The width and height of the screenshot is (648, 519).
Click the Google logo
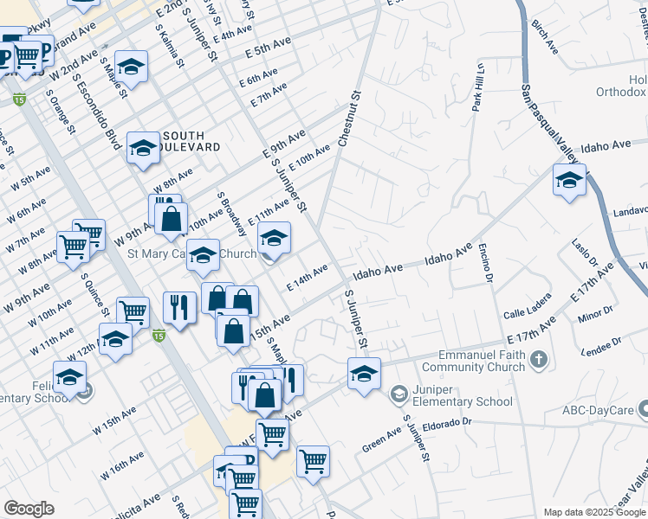[x=29, y=509]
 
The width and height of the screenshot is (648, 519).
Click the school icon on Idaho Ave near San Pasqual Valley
[x=568, y=181]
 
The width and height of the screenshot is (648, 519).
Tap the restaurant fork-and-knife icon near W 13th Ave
[x=179, y=308]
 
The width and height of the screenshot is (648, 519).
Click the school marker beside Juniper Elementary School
[x=365, y=375]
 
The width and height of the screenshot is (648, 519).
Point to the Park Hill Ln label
[x=477, y=87]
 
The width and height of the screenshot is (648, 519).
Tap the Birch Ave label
[x=546, y=36]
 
